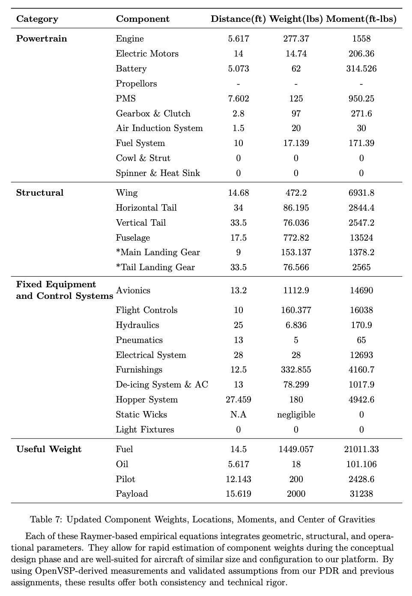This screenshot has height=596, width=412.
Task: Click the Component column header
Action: [x=143, y=19]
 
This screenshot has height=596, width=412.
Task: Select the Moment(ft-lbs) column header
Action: [x=361, y=19]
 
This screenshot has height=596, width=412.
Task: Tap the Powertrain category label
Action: [x=42, y=39]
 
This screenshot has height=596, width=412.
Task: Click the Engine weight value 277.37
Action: [x=296, y=39]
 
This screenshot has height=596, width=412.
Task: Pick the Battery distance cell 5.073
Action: [x=238, y=69]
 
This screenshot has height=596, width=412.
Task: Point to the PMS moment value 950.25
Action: [x=361, y=98]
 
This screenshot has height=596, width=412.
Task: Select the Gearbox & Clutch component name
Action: [x=153, y=113]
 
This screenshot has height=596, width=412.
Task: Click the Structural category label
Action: [x=39, y=193]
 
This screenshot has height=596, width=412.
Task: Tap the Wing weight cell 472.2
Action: [x=296, y=193]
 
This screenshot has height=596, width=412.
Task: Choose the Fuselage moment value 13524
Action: [x=361, y=238]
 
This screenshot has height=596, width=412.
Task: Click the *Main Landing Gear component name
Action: [x=158, y=252]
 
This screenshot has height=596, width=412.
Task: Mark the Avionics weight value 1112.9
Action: [x=296, y=290]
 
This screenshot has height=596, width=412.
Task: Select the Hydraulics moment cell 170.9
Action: [x=361, y=325]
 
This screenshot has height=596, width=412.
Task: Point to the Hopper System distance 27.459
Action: [x=238, y=399]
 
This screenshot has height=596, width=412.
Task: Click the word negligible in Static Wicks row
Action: [x=296, y=414]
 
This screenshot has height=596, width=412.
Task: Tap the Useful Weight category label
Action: [x=49, y=449]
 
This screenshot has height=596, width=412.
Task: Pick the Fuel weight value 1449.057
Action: [x=296, y=449]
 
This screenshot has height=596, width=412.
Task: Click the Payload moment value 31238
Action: [x=361, y=494]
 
